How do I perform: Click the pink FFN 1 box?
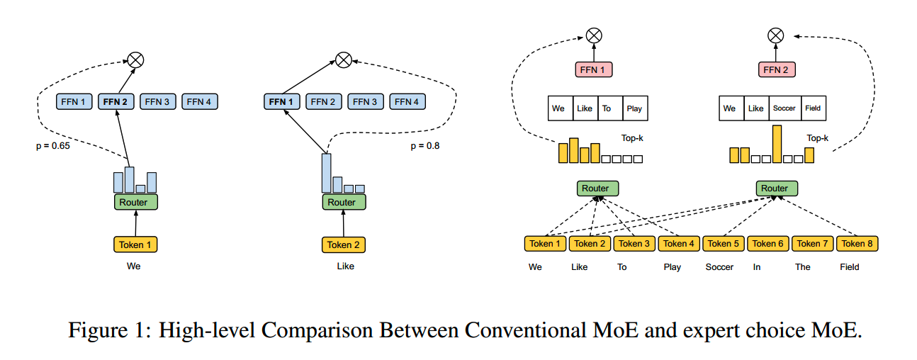[x=593, y=69]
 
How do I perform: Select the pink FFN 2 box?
[x=777, y=69]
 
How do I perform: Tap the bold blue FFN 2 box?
[x=116, y=101]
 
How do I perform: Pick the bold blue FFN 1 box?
[x=281, y=101]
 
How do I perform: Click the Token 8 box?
[x=857, y=243]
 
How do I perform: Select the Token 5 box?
[x=724, y=243]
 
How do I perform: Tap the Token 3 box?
[x=634, y=243]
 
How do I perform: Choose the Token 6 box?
[x=768, y=243]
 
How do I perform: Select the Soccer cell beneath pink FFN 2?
[x=784, y=108]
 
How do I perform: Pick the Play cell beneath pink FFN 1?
[x=634, y=108]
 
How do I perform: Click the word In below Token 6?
[x=757, y=267]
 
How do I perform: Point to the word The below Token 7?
[x=802, y=267]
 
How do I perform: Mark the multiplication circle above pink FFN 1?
[x=593, y=35]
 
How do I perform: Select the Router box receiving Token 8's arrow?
[x=777, y=189]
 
